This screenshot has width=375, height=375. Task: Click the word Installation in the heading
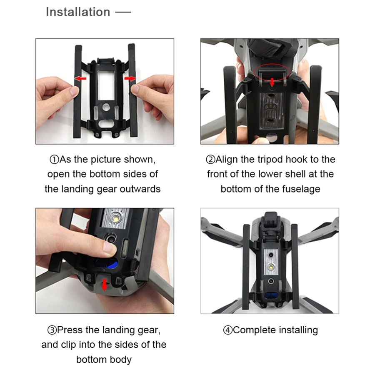tap(78, 12)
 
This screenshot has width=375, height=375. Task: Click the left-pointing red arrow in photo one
tap(80, 78)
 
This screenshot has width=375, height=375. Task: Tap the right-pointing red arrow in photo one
tap(130, 78)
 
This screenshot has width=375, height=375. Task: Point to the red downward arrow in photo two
tap(272, 82)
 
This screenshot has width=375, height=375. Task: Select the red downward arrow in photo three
tap(105, 285)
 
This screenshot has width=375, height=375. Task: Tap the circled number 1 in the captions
tap(54, 160)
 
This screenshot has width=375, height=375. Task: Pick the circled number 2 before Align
tap(210, 160)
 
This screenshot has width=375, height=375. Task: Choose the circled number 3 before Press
tap(52, 330)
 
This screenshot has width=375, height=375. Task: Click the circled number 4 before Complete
tap(227, 330)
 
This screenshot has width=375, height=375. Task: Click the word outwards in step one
tap(140, 189)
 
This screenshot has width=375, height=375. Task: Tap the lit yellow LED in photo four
tap(271, 266)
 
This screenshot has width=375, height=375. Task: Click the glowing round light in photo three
tap(115, 218)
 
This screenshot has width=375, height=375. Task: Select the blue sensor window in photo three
tap(107, 263)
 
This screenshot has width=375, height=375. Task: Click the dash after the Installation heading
tap(123, 12)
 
